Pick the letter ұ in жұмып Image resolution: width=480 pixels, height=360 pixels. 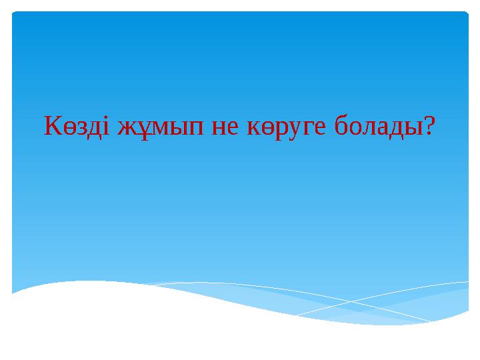click(142, 127)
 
